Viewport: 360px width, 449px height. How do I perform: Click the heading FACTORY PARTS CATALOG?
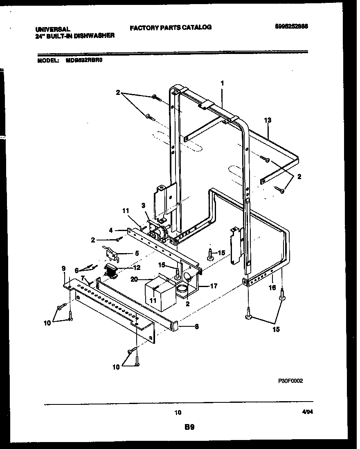[x=171, y=27]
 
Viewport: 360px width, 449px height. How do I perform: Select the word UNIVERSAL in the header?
[x=52, y=29]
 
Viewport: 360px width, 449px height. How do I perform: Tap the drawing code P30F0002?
[x=290, y=380]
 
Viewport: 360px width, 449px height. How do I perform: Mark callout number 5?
[x=137, y=254]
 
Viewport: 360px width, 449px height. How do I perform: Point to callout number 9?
[x=63, y=268]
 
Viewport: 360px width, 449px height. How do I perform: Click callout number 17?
[x=213, y=286]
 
